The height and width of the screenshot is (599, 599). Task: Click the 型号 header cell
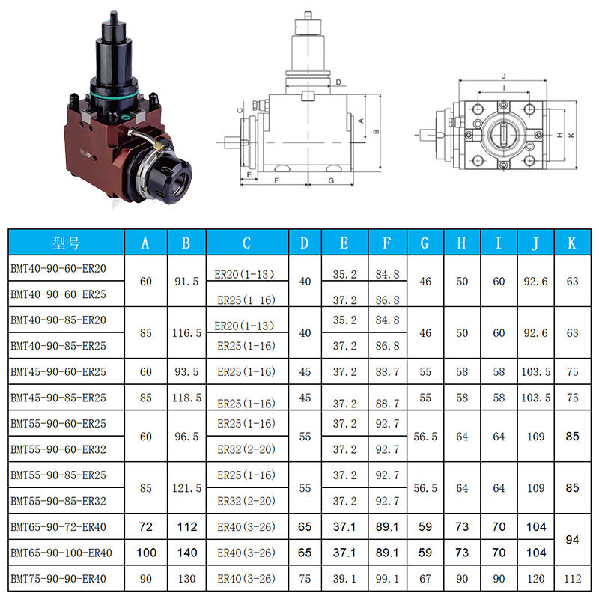[66, 243]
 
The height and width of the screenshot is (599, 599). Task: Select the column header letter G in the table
[425, 243]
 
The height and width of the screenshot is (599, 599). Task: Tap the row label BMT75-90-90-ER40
[58, 579]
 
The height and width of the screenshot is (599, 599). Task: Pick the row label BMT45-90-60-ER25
[58, 371]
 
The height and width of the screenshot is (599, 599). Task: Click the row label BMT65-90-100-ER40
[61, 553]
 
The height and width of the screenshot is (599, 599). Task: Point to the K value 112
[572, 579]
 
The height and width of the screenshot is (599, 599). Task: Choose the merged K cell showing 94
[572, 540]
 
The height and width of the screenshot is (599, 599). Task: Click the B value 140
[186, 553]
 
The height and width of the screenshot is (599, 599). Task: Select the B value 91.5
[186, 282]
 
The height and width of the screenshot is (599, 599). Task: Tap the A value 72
[145, 527]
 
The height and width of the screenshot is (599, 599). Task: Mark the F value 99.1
[387, 579]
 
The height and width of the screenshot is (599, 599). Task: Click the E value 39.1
[344, 579]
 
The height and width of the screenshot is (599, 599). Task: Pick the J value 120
[536, 579]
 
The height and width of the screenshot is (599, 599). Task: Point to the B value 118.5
[186, 398]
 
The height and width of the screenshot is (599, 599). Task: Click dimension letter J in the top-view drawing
[505, 76]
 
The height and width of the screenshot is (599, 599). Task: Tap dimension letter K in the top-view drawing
[571, 135]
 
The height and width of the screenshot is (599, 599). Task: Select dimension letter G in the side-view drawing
[330, 181]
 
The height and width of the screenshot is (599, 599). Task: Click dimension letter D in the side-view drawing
[338, 82]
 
